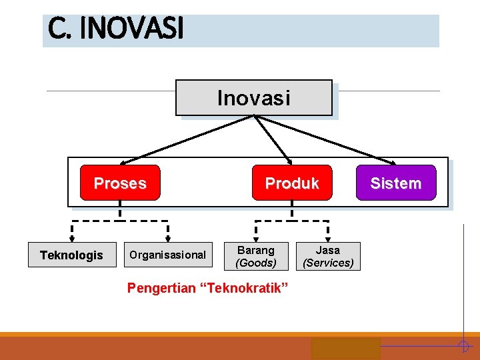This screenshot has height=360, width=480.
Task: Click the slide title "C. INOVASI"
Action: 115,29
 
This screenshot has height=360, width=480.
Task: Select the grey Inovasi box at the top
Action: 253,98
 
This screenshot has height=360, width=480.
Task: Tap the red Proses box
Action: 120,183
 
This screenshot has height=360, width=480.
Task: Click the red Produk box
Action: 291,183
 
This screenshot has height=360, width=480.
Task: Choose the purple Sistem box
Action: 395,183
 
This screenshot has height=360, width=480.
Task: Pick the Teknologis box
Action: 71,255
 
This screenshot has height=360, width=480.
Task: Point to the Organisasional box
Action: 167,255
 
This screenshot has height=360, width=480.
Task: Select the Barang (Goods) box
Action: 256,256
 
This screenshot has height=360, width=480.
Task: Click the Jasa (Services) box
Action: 328,256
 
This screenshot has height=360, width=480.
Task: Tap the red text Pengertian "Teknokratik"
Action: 207,288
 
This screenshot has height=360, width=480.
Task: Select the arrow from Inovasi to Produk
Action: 273,139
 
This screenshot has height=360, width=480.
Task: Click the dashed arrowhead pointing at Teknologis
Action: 72,235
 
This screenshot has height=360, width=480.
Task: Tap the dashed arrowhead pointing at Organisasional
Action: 167,235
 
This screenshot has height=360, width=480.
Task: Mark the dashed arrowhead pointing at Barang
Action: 256,235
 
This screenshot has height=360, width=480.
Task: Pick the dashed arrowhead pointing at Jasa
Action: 327,235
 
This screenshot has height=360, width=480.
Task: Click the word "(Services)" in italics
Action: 328,263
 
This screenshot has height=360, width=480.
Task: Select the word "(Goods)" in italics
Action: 256,263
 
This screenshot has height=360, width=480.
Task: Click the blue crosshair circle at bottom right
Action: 463,345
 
